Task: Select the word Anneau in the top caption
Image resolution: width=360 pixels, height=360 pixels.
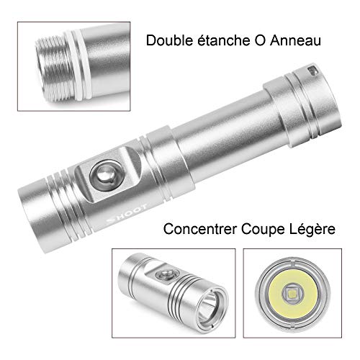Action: (x=295, y=40)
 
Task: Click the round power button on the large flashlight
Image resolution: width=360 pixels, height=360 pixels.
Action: (x=106, y=175)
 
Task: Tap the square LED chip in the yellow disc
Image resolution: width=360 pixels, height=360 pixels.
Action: (x=292, y=293)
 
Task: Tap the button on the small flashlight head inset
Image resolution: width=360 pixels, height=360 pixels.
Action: (x=165, y=274)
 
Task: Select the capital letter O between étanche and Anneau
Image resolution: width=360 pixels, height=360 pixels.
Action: (x=259, y=40)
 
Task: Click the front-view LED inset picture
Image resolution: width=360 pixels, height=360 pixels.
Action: (x=292, y=293)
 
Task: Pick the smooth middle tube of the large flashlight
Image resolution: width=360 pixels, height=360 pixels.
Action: (x=228, y=135)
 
